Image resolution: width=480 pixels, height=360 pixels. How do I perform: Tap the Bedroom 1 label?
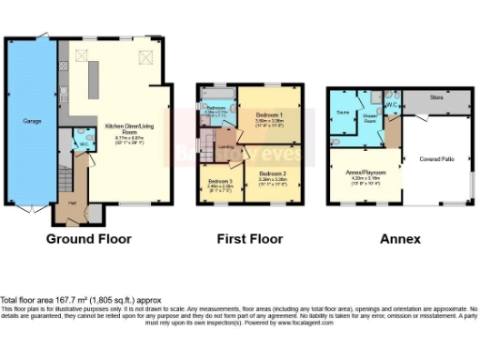[270, 116]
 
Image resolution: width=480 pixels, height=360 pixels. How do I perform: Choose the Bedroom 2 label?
[273, 173]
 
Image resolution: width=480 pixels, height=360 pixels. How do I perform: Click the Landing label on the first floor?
[227, 145]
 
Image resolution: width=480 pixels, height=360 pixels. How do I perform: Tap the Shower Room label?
[370, 118]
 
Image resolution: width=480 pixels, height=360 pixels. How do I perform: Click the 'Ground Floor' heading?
[89, 239]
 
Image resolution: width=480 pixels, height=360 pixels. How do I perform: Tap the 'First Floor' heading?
[249, 239]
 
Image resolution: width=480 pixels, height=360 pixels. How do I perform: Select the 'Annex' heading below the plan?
[400, 239]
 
